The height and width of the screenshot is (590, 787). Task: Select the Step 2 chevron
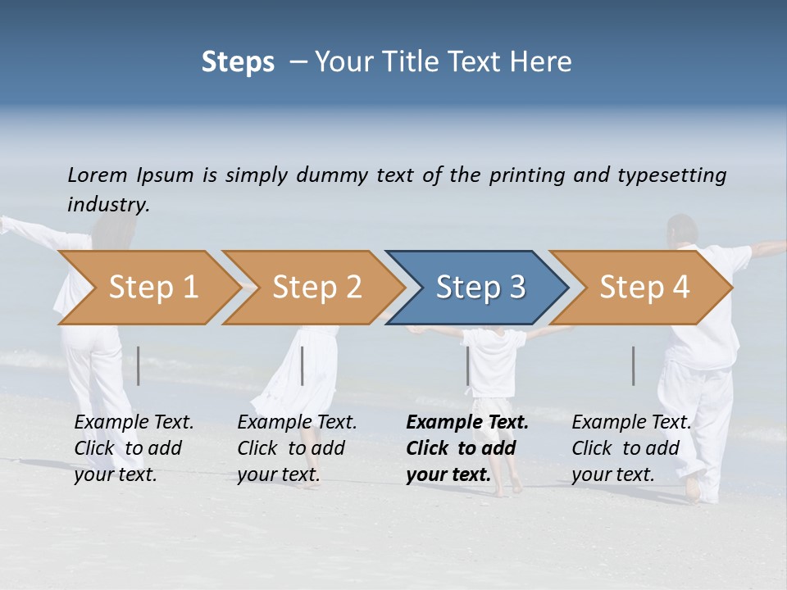[312, 288]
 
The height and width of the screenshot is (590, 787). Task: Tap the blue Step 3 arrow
[478, 288]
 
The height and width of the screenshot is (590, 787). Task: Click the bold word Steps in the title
[238, 62]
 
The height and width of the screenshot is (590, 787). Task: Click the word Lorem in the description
[98, 175]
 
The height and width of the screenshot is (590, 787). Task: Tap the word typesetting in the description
[671, 175]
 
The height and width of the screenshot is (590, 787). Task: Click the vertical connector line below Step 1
[139, 365]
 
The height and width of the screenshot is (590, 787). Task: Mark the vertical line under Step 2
[303, 365]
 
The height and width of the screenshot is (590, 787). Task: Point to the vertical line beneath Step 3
[468, 365]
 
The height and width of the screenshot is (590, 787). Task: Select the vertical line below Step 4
[634, 365]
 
